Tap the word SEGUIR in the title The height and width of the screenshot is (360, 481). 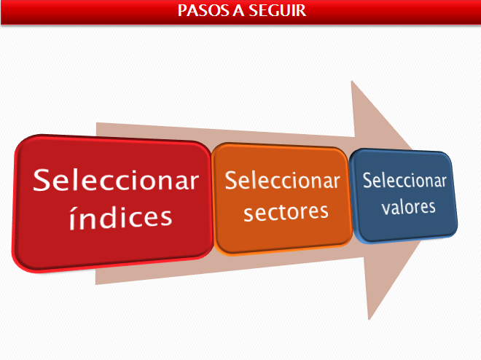click(278, 10)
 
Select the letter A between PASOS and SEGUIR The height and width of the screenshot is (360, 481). click(239, 10)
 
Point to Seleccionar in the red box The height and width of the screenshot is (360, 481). click(116, 180)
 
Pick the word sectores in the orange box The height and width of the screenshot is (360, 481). click(286, 212)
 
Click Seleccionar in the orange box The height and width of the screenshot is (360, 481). click(282, 180)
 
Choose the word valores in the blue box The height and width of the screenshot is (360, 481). click(408, 207)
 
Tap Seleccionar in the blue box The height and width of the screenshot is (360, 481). click(404, 180)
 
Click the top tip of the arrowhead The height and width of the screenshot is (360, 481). click(351, 81)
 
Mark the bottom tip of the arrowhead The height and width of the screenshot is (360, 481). click(369, 319)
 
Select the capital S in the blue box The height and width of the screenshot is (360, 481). click(367, 180)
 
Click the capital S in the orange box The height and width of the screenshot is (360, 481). click(231, 180)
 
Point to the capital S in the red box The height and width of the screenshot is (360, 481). click(42, 180)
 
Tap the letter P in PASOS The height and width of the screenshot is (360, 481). click(182, 10)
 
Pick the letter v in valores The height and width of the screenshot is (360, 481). click(386, 208)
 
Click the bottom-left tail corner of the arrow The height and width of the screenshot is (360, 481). click(95, 284)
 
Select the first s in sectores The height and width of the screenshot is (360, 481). click(249, 214)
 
